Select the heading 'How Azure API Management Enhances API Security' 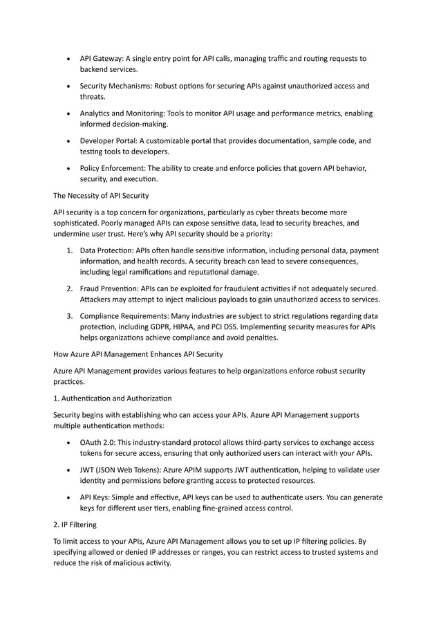pyautogui.click(x=138, y=354)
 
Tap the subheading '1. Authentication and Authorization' pyautogui.click(x=111, y=399)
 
